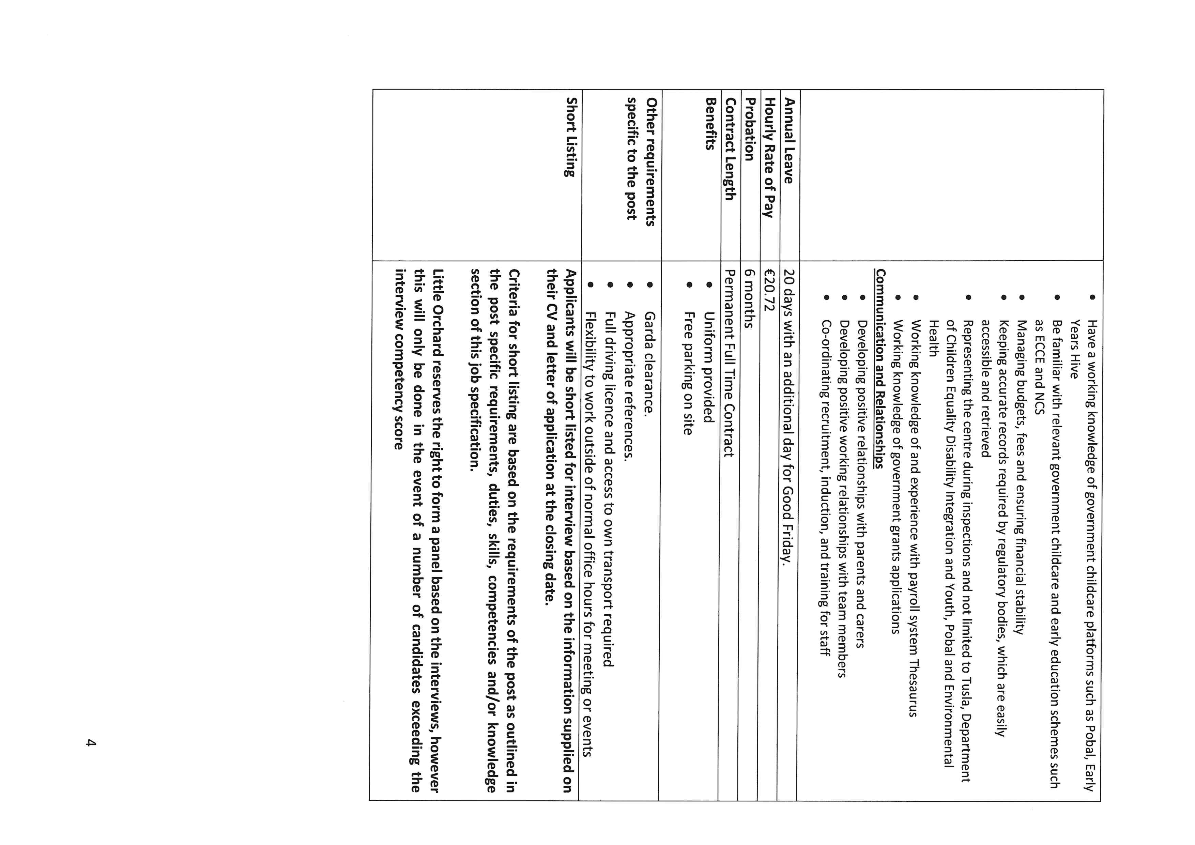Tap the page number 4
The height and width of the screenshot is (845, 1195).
[91, 743]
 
